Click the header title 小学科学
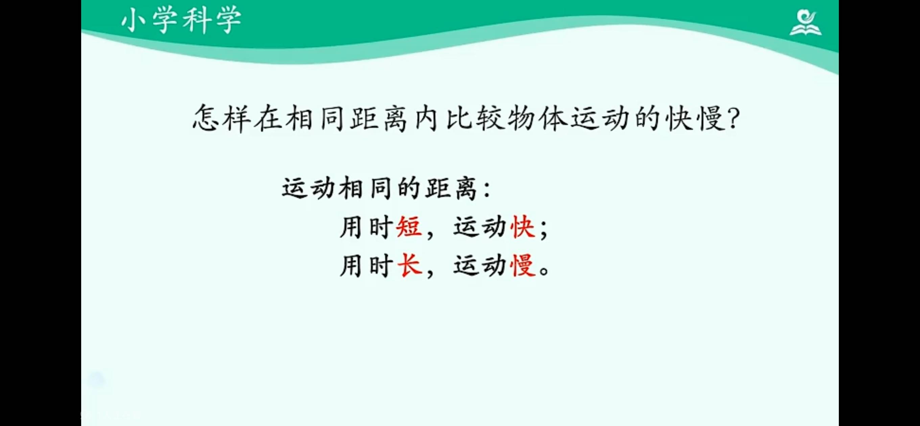tap(181, 20)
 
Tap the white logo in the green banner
tap(805, 23)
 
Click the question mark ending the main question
tap(733, 119)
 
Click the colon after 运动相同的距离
tap(486, 189)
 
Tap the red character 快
tap(523, 227)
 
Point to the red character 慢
tap(523, 265)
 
